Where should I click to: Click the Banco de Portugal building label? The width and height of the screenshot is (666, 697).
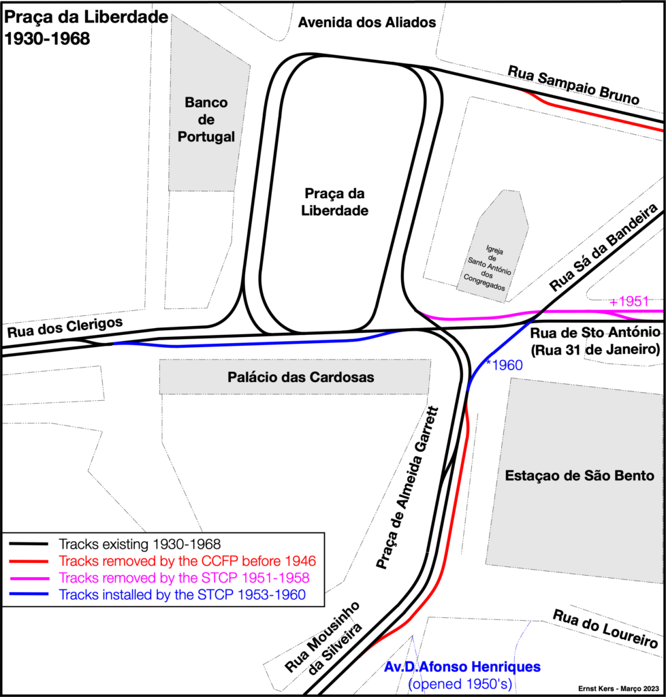206,120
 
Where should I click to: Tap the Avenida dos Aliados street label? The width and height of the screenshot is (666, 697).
367,22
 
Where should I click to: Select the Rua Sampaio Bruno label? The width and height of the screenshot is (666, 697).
573,85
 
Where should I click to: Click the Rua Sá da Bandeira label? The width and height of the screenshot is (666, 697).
603,247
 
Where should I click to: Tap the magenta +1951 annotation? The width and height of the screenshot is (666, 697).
629,302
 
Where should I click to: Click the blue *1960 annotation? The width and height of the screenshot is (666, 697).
504,365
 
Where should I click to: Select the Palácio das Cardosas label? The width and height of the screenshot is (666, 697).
301,377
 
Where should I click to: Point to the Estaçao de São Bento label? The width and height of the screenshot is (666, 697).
580,475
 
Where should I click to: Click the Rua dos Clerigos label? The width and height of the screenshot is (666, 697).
65,327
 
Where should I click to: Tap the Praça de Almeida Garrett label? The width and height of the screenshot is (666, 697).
407,487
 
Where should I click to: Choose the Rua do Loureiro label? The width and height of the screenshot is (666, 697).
605,628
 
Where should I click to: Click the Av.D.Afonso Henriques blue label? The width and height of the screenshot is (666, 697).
462,667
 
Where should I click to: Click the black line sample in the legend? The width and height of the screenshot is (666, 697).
29,544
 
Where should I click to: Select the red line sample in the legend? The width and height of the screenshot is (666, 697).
29,561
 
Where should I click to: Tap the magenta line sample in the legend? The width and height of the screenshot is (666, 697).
29,578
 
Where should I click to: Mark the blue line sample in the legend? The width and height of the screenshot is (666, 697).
29,594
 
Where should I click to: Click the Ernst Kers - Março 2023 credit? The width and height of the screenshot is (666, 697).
618,689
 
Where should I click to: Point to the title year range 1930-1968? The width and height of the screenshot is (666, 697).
47,39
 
